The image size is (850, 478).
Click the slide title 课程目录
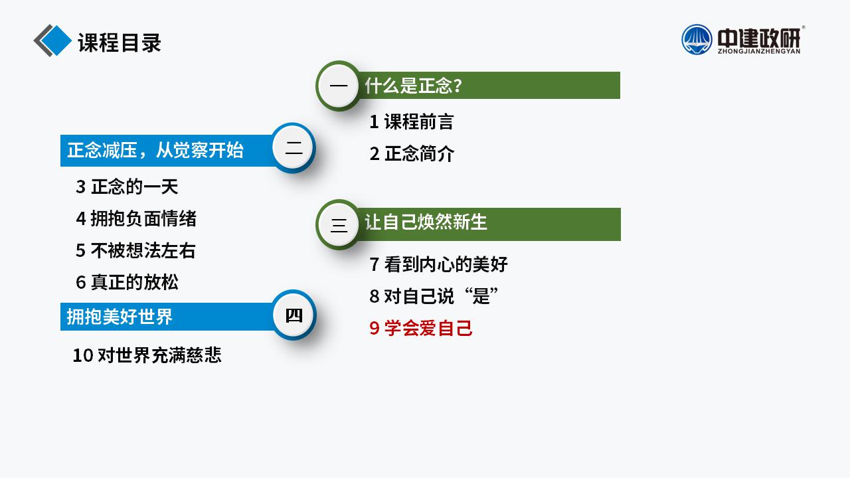click(120, 42)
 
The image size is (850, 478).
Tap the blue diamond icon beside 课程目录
click(52, 40)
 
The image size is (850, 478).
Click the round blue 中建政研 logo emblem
click(697, 40)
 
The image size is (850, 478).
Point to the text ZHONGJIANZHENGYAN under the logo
click(759, 52)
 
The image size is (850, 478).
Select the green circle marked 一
click(339, 86)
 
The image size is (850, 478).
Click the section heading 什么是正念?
click(414, 86)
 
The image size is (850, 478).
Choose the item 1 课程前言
click(412, 121)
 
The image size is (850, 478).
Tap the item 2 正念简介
click(412, 153)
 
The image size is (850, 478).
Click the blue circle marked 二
click(294, 148)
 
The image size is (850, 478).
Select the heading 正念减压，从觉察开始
click(155, 150)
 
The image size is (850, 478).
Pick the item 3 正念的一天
click(127, 187)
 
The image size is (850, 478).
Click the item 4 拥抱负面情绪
click(136, 218)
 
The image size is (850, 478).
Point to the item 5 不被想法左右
click(136, 250)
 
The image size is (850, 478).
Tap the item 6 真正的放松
click(127, 282)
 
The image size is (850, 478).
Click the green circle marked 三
click(339, 224)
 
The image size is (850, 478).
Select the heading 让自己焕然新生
click(426, 222)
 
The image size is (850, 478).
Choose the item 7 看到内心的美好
click(439, 264)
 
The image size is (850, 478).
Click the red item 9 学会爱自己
click(421, 328)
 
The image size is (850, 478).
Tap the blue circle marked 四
click(294, 315)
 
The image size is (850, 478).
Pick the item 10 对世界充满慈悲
click(147, 355)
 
